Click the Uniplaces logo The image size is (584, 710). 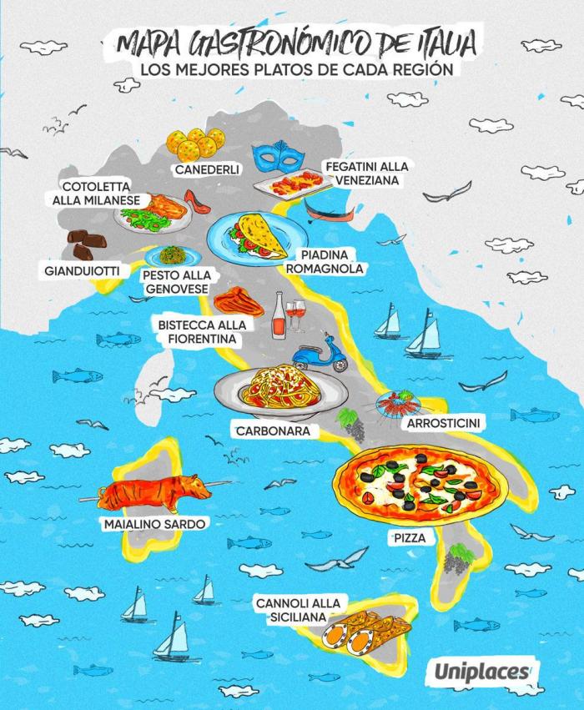(481, 671)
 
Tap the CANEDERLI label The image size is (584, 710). (207, 169)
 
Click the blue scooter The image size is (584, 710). (321, 354)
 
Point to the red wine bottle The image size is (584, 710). (279, 317)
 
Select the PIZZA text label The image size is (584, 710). (409, 538)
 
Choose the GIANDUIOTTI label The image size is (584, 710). (82, 271)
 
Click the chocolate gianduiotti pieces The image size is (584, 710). (87, 244)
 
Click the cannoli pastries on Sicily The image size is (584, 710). (368, 632)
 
